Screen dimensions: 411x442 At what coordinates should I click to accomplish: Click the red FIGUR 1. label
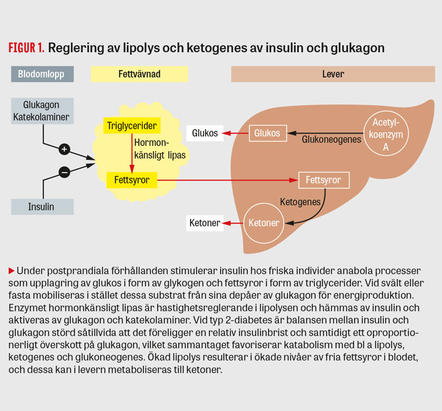point(25,48)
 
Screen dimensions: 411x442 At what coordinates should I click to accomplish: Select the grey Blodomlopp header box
point(42,74)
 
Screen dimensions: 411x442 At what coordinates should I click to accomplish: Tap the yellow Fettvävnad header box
point(139,74)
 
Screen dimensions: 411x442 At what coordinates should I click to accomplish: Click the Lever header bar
point(333,74)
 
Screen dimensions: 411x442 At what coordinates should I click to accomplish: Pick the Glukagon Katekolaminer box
point(42,110)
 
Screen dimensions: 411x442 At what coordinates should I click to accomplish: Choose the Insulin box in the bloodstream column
point(42,206)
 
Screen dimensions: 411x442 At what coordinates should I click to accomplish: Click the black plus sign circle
point(64,149)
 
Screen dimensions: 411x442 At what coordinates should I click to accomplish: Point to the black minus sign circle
point(64,171)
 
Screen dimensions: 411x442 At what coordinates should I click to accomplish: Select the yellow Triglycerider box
point(131,125)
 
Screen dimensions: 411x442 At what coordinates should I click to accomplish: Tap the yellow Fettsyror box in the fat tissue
point(132,181)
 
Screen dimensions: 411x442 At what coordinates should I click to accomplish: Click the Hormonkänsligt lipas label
point(162,148)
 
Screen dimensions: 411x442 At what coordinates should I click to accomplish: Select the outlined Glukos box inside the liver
point(268,133)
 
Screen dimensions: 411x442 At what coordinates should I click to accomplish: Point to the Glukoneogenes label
point(331,139)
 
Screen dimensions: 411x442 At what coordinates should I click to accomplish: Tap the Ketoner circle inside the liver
point(264,223)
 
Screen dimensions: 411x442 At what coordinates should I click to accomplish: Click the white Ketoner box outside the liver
point(205,223)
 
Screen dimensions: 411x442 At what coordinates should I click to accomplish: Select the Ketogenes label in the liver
point(301,202)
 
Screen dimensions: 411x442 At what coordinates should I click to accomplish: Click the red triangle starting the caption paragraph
point(11,270)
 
